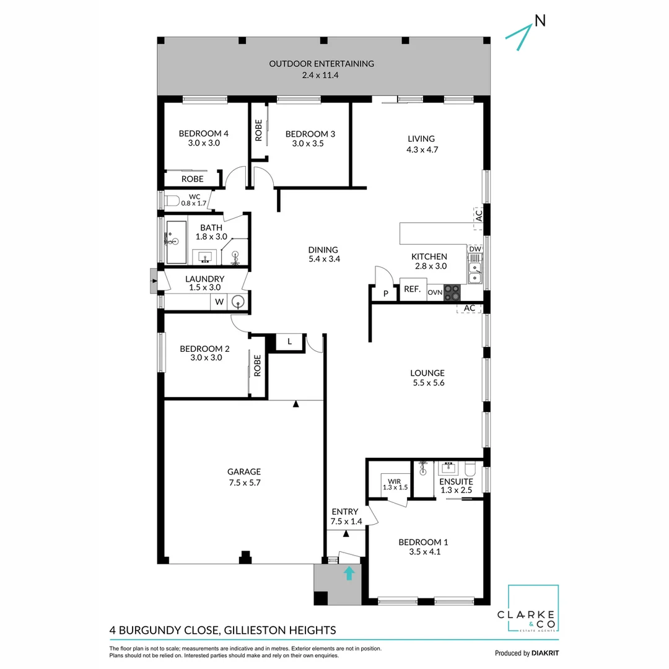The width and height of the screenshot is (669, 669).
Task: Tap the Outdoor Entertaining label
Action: coord(321,69)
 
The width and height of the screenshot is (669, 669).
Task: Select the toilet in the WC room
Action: coord(172,199)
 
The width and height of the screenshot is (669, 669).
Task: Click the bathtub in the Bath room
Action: coord(176,241)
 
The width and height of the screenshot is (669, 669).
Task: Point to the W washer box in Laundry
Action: coord(218,302)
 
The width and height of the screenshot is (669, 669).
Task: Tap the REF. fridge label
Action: coord(413,289)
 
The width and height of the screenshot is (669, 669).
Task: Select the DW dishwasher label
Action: coord(475,249)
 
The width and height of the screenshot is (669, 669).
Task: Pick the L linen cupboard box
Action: coord(289,341)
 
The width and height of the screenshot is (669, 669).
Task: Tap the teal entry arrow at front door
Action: coord(349,573)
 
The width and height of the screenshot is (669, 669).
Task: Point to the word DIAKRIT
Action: coord(544,653)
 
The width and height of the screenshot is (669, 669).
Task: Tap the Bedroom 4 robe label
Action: coord(192,178)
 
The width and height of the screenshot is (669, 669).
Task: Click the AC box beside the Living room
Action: coord(478,214)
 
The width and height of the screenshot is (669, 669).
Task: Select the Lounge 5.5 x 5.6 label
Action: coord(427,378)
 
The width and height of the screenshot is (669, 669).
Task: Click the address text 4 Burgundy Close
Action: coord(222,631)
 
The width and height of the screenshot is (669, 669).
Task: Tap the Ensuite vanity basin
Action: coord(447,468)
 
